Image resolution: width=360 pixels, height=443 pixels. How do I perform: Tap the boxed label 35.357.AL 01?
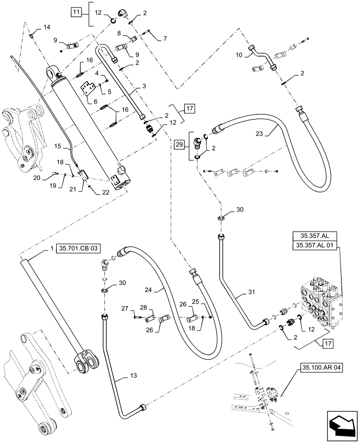click(x=314, y=247)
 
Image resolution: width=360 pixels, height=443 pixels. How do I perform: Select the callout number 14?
click(x=47, y=27)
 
